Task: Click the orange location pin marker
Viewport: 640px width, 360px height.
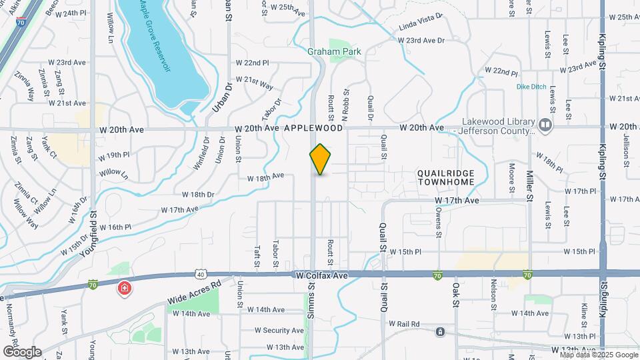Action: (x=320, y=159)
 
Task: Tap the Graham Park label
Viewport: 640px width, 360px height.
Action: (x=334, y=51)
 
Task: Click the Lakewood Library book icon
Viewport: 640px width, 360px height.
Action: (x=546, y=125)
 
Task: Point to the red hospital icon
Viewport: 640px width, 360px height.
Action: (x=124, y=288)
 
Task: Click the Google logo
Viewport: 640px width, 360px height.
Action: (x=21, y=351)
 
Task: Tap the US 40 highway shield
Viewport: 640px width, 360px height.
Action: (x=200, y=273)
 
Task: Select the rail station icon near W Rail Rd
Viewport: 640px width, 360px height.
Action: (x=440, y=331)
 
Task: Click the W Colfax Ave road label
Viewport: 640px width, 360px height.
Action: (x=323, y=275)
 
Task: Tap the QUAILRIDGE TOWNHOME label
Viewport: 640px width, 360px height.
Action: (x=445, y=177)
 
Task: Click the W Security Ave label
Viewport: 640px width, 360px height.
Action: (x=279, y=330)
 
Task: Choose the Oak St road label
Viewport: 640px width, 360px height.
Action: (x=457, y=293)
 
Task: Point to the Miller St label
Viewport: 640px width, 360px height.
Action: (x=529, y=185)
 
